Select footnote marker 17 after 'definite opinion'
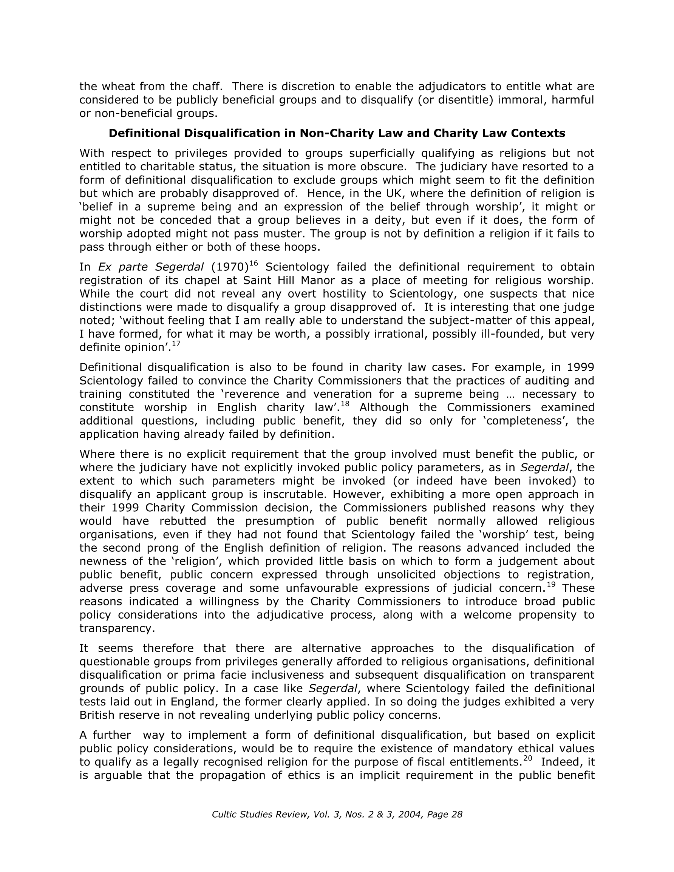(176, 343)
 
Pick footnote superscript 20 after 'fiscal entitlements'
(528, 758)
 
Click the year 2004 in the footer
(411, 815)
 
